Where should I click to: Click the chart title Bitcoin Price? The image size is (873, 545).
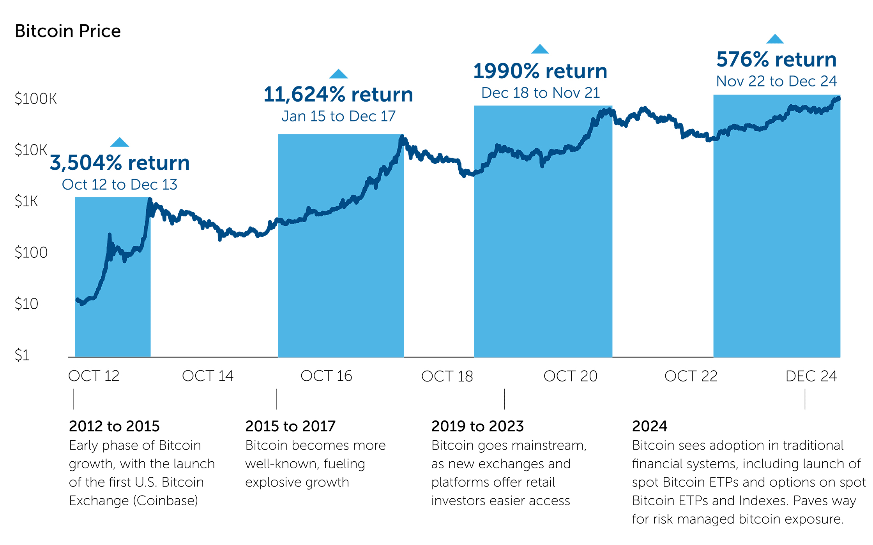(68, 31)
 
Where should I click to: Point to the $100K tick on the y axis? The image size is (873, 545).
(35, 99)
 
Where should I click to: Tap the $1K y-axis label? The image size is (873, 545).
(26, 201)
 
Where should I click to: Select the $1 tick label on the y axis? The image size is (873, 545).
(22, 355)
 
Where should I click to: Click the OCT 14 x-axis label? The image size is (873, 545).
(207, 376)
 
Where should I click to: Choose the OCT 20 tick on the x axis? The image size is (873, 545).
(570, 376)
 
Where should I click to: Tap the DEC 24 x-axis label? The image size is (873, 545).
(811, 376)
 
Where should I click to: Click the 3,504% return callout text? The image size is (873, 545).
(120, 163)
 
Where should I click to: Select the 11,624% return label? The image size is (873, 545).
(338, 95)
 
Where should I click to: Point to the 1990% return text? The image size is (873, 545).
(540, 72)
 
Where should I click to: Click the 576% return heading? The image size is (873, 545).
(776, 60)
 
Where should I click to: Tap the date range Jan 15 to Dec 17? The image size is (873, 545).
(338, 116)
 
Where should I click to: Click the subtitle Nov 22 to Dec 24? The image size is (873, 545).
(776, 81)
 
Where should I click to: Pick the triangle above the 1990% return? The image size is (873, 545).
(540, 49)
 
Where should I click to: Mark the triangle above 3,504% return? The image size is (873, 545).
(120, 142)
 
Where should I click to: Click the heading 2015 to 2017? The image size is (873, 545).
(290, 426)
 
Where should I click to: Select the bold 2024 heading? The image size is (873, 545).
(649, 426)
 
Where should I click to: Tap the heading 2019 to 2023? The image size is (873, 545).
(477, 426)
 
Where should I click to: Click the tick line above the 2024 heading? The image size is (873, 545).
(805, 399)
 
